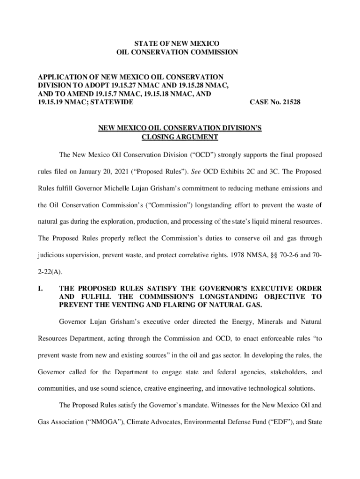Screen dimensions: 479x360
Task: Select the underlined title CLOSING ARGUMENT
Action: [180, 137]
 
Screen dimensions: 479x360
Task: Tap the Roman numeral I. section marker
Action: [41, 288]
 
